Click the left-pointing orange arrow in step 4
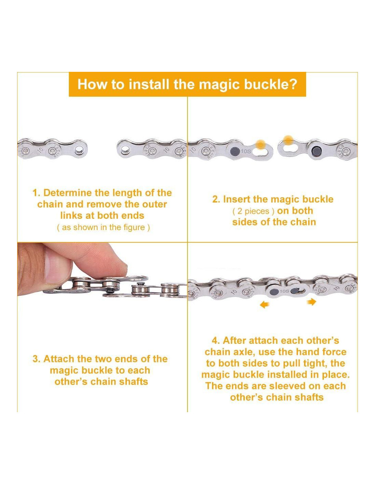point(264,305)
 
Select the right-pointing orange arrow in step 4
point(312,302)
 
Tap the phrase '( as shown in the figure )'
point(103,227)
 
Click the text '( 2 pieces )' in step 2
point(253,211)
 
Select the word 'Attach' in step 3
point(58,359)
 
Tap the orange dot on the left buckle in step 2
point(260,144)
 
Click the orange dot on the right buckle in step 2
point(289,140)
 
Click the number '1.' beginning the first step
point(36,193)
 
